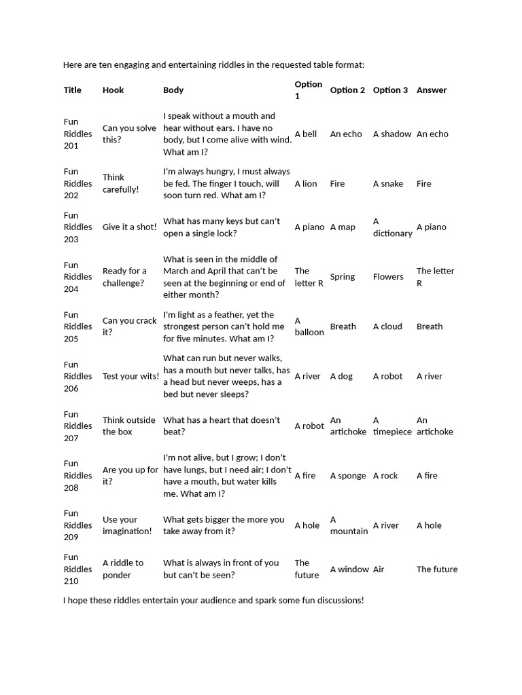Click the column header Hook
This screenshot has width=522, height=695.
click(113, 90)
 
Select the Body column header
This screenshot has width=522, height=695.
click(173, 90)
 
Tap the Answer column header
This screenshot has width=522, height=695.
click(432, 90)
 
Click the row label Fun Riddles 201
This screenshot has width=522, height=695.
click(77, 134)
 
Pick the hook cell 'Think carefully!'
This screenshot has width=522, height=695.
click(120, 183)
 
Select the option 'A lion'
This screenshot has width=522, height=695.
click(306, 184)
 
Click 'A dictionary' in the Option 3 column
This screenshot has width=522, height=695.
click(392, 227)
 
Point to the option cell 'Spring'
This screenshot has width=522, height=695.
click(343, 277)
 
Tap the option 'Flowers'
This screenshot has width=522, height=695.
click(388, 277)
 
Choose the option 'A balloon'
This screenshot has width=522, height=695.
click(309, 326)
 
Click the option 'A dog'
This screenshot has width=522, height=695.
click(341, 376)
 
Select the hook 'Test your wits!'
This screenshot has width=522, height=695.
click(130, 376)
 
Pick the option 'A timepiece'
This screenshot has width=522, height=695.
click(392, 426)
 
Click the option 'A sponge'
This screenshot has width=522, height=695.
click(348, 476)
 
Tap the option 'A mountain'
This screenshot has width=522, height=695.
click(349, 525)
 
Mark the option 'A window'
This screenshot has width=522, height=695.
click(349, 569)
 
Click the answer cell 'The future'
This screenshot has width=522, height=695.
click(437, 569)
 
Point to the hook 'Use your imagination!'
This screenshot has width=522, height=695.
click(127, 525)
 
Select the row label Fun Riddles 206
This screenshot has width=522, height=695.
click(77, 376)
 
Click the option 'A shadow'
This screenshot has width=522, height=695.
click(392, 134)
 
